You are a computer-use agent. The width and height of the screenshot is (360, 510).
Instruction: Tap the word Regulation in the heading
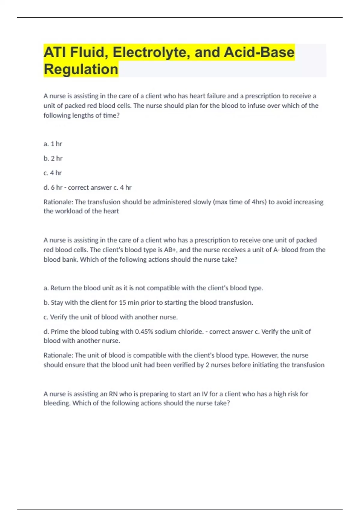[81, 69]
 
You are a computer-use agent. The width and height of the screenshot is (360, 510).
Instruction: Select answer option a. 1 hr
[53, 144]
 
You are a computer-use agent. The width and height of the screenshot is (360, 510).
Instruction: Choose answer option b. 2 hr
[53, 158]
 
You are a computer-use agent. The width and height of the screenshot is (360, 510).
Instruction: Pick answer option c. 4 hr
[52, 173]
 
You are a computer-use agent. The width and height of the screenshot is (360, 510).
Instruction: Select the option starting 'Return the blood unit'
[153, 288]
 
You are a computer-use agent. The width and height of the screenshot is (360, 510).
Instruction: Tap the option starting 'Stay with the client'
[148, 303]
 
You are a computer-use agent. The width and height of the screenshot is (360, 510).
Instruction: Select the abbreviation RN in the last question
[113, 394]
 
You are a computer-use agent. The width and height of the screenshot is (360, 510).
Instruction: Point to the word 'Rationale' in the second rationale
[58, 355]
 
